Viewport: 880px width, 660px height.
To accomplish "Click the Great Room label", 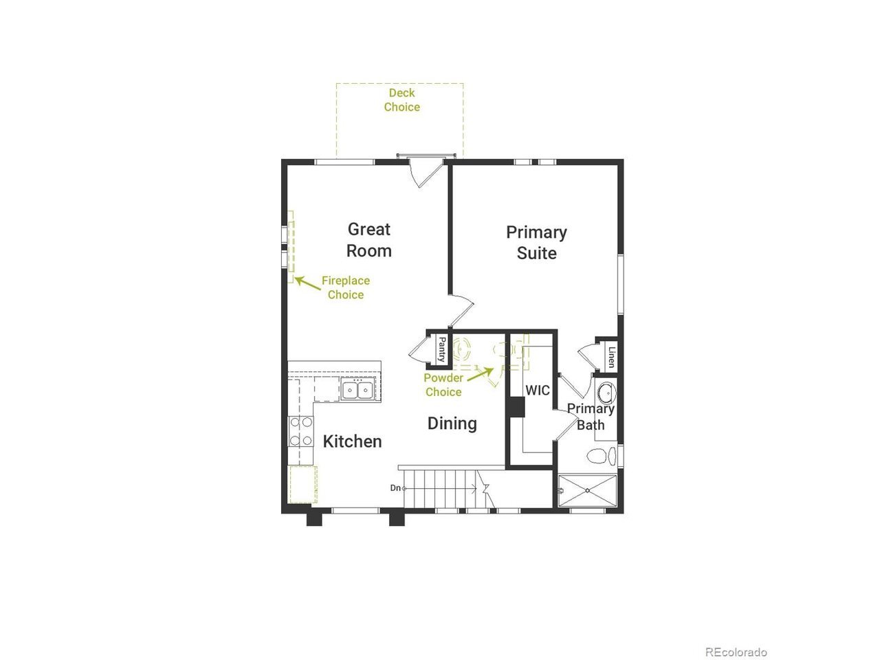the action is click(368, 240).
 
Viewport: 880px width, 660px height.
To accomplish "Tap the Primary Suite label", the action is click(536, 243).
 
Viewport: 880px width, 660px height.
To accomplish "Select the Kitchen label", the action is click(352, 441).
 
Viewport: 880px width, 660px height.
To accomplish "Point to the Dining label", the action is click(452, 423).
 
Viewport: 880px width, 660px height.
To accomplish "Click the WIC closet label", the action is click(537, 390).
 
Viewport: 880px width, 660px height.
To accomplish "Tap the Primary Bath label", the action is click(591, 417).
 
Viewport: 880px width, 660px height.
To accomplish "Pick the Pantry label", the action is click(441, 349).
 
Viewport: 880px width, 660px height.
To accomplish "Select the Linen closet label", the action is click(611, 357).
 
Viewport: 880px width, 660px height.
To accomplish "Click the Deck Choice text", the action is click(401, 100).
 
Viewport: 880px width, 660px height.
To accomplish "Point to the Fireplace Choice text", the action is click(346, 288).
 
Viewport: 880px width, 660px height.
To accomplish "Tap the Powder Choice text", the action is click(443, 385).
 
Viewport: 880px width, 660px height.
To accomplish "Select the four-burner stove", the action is click(301, 431).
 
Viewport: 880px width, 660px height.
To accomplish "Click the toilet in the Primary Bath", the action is click(601, 456).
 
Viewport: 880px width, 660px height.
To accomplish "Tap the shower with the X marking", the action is click(587, 490).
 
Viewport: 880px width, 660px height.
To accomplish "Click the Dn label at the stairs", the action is click(395, 488).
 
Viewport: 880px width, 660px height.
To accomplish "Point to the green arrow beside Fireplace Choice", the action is click(308, 283).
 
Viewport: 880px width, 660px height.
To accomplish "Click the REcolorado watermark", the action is click(736, 641).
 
